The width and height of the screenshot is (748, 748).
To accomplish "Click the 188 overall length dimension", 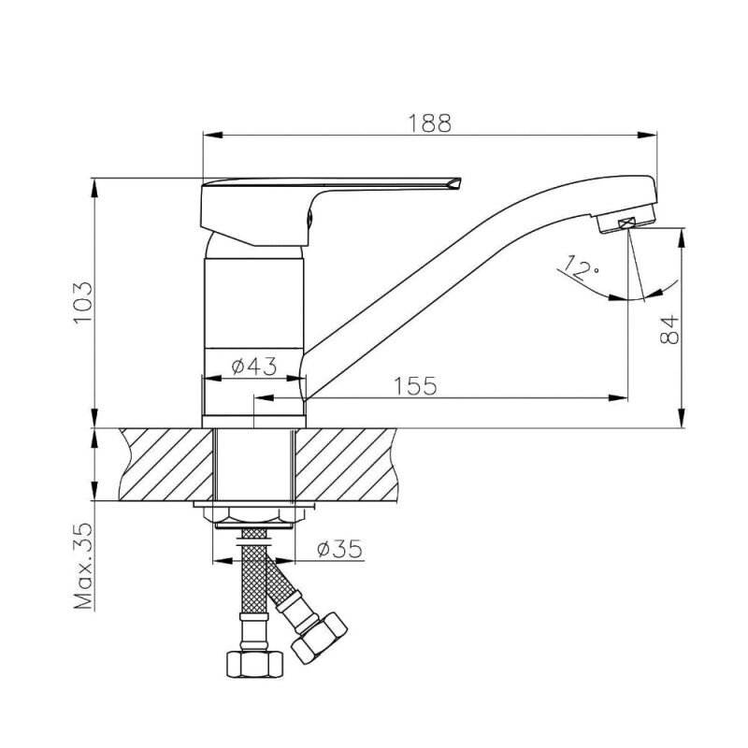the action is click(x=429, y=123).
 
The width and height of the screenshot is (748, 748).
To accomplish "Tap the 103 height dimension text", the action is click(x=82, y=302).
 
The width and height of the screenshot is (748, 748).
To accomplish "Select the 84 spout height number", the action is click(x=669, y=329).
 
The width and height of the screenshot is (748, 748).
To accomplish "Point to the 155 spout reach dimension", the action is click(x=415, y=385).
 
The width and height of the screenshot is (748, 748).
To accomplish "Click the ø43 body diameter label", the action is click(x=253, y=367).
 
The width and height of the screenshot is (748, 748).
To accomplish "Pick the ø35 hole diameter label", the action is click(x=339, y=549).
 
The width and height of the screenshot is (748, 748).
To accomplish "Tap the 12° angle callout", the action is click(x=580, y=268).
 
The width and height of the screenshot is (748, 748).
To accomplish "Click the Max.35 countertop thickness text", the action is click(x=83, y=567).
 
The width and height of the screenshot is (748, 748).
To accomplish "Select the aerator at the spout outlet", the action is click(x=626, y=223).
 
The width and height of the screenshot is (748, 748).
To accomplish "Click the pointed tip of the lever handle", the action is click(x=461, y=179).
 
